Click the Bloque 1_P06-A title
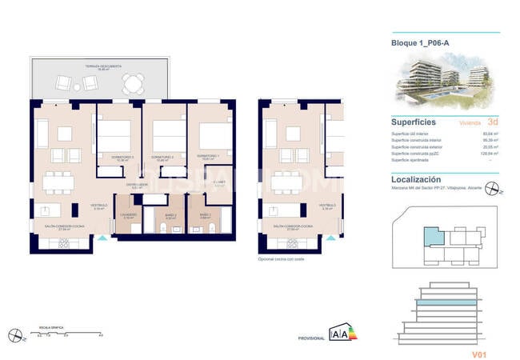click(420, 43)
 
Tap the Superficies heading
click(413, 122)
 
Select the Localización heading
click(416, 181)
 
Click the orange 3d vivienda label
click(492, 123)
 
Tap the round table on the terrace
click(134, 82)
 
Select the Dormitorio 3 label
click(122, 156)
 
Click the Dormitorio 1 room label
click(208, 156)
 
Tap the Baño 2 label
click(170, 214)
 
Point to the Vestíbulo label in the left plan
click(99, 206)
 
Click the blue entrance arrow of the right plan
click(327, 237)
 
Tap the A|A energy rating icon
click(339, 334)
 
